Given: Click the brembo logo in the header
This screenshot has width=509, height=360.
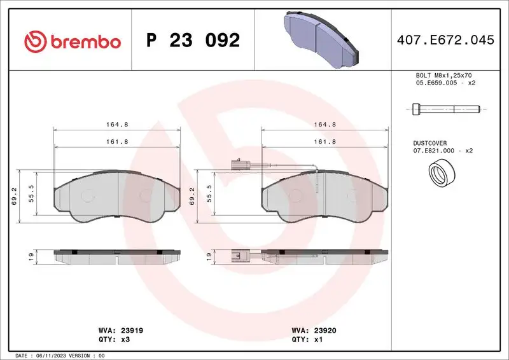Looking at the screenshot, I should point(72,41).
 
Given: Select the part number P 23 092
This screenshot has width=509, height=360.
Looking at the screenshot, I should point(193,41).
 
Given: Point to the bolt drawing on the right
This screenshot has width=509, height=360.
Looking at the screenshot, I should point(443,109).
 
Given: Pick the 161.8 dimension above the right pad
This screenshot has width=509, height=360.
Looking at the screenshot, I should point(326,141).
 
